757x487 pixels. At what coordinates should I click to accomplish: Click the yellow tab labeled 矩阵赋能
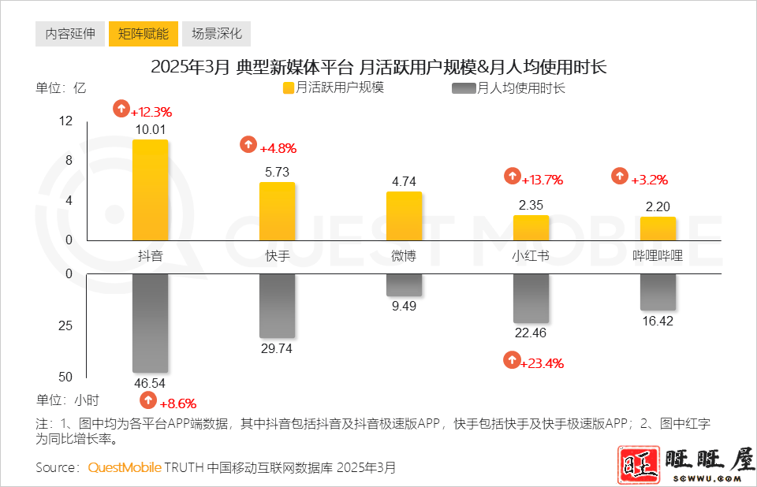(144, 34)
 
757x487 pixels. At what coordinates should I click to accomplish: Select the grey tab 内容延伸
(70, 34)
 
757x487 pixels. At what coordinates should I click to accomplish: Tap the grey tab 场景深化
(217, 34)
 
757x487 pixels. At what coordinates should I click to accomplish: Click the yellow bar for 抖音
(150, 190)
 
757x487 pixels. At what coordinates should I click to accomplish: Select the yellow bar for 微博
(404, 216)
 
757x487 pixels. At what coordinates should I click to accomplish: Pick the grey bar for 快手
(278, 306)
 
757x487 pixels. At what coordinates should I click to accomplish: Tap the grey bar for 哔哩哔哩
(658, 292)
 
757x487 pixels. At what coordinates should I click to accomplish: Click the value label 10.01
(150, 130)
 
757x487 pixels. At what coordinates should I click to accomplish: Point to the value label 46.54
(150, 384)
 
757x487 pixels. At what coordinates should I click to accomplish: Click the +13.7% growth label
(542, 180)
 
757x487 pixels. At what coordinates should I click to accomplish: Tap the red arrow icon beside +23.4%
(513, 361)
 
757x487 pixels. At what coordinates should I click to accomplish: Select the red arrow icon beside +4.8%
(248, 144)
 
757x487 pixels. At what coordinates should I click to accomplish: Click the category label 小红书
(531, 256)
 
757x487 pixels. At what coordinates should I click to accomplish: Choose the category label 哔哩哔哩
(658, 256)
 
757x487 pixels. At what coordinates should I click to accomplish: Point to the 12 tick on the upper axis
(65, 121)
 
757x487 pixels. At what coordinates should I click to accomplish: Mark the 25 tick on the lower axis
(65, 325)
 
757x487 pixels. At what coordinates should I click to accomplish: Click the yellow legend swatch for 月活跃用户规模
(289, 88)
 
